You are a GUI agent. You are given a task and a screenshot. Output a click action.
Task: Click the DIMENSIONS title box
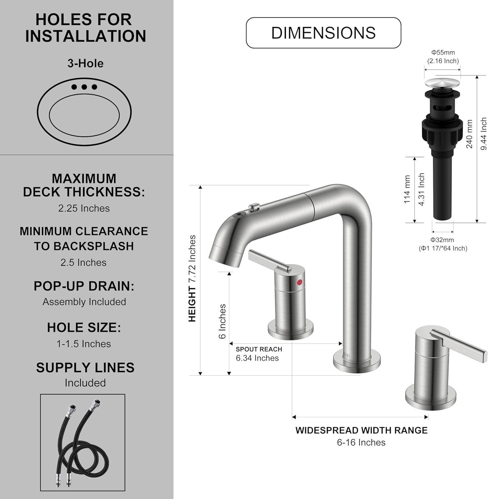pos(323,33)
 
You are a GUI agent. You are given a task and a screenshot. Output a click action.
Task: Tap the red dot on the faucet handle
pos(300,282)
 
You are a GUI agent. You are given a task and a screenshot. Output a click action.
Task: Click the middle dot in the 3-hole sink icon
pos(84,87)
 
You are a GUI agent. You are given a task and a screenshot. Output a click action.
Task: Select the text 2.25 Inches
pos(84,208)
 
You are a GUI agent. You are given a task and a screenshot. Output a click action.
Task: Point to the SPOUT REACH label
pos(259,349)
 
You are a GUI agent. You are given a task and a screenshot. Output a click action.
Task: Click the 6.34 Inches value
pos(257,358)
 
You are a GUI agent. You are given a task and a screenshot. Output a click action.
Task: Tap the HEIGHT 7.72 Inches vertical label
pos(192,278)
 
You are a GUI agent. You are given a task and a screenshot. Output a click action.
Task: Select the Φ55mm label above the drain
pos(443,53)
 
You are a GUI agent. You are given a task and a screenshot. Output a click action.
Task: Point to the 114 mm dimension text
pos(407,190)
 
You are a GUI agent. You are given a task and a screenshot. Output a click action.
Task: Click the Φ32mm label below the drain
pos(442,240)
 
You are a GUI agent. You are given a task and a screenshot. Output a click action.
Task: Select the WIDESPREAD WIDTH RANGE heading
pos(361,430)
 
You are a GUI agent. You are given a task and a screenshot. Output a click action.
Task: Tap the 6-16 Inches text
pos(361,443)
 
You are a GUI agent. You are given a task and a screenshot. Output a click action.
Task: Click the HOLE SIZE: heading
pos(84,328)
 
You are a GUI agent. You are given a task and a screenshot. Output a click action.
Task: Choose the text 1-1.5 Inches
pos(84,344)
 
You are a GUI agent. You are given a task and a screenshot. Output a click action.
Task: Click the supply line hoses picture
pos(82,442)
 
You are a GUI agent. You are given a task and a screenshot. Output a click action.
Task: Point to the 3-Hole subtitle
pos(85,63)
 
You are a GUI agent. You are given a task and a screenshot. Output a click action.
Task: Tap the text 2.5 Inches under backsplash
pos(83,262)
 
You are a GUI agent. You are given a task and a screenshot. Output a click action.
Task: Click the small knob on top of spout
pos(253,208)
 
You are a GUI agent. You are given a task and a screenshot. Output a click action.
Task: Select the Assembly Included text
pos(84,302)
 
